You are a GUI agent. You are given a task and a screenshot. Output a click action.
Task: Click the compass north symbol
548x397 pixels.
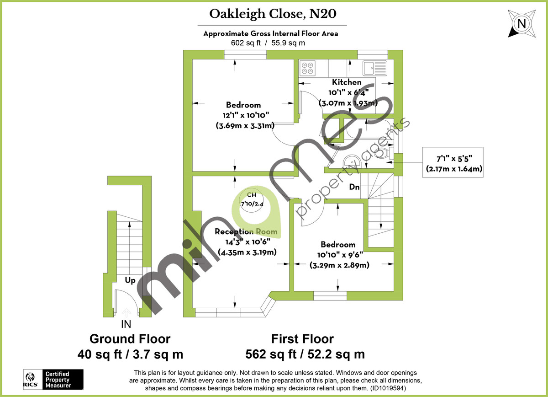(x=521, y=22)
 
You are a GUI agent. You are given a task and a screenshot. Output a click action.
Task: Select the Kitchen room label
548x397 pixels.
(x=347, y=82)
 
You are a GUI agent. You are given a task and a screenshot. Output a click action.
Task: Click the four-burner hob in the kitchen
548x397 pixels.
(x=307, y=68)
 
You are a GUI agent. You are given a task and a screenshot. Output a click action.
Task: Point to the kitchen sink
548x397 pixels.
(x=374, y=68)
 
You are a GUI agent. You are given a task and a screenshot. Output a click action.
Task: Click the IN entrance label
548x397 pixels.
(x=126, y=325)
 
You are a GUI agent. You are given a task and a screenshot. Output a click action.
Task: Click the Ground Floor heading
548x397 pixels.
(x=130, y=339)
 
